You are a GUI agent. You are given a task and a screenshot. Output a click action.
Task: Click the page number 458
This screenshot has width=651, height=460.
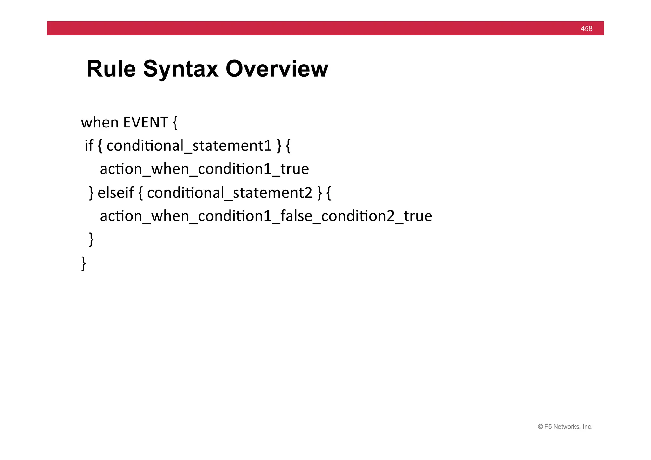click(x=586, y=29)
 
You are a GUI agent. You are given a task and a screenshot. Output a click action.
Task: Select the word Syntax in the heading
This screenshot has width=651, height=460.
click(x=181, y=69)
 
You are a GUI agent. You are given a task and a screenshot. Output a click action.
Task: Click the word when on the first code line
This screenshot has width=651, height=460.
click(x=99, y=123)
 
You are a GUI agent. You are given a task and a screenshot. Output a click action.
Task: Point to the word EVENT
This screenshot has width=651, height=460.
click(x=146, y=123)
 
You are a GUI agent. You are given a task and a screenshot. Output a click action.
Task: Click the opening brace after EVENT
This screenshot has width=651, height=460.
click(x=175, y=123)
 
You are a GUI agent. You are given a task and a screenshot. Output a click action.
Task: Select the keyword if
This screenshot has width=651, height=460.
click(x=89, y=146)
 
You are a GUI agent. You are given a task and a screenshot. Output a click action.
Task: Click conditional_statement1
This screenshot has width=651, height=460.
click(x=189, y=146)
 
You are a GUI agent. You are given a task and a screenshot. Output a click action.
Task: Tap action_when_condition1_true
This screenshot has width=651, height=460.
click(x=204, y=169)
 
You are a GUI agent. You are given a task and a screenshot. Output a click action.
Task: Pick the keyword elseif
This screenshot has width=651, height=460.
click(x=116, y=193)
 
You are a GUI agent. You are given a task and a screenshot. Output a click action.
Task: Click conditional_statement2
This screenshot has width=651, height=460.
click(x=230, y=193)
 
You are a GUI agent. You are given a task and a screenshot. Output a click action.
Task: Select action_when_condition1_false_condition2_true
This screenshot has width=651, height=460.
click(x=266, y=216)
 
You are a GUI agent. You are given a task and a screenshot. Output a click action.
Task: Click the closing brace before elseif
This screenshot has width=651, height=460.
click(x=91, y=193)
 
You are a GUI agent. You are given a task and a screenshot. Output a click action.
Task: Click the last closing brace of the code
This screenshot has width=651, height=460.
click(x=84, y=263)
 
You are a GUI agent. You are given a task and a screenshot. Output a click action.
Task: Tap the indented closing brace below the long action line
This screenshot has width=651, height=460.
click(x=91, y=239)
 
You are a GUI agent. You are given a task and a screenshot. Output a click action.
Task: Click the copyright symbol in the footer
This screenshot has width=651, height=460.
click(x=540, y=427)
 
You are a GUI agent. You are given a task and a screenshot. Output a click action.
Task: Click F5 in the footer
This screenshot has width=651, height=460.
click(x=548, y=427)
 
